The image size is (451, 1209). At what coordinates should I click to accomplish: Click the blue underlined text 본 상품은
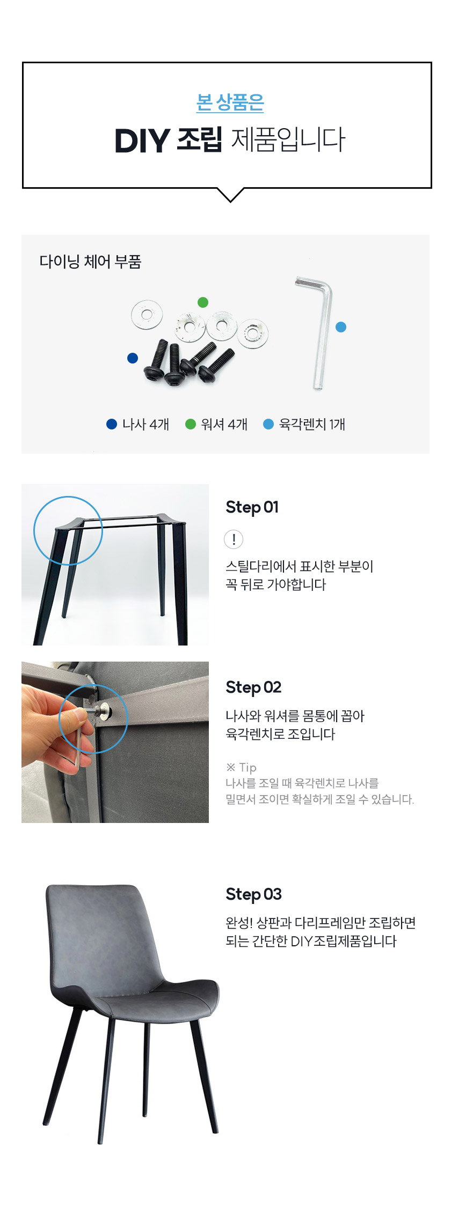tap(230, 102)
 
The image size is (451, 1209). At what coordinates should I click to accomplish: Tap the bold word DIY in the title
tap(142, 140)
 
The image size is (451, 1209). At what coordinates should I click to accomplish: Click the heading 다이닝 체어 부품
tap(90, 262)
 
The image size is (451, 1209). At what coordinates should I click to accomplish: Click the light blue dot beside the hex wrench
tap(341, 327)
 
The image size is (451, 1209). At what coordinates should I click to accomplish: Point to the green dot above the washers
tap(203, 302)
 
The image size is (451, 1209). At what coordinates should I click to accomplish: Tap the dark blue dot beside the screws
tap(133, 358)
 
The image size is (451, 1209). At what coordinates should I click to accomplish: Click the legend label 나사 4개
tap(146, 424)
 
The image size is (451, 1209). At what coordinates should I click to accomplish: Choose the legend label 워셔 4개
tap(224, 424)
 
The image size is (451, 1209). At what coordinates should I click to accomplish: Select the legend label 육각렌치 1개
tap(312, 424)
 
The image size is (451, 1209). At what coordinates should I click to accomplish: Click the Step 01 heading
tap(252, 507)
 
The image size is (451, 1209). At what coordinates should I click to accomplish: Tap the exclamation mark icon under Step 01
tap(234, 539)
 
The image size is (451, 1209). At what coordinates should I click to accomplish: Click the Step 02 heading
tap(253, 687)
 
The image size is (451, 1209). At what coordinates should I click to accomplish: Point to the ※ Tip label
tap(241, 767)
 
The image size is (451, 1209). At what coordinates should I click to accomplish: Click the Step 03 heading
tap(253, 894)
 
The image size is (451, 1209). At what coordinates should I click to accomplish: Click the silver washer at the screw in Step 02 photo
tap(105, 712)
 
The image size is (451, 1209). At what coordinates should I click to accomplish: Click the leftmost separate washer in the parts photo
tap(147, 314)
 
